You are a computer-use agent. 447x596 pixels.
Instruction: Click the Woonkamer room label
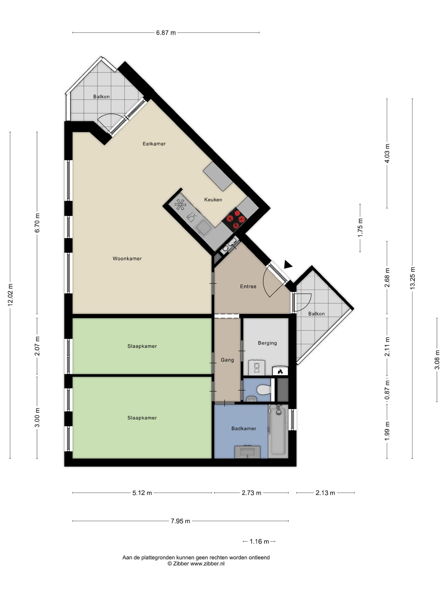pos(127,259)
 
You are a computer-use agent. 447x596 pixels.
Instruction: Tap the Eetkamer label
pos(154,144)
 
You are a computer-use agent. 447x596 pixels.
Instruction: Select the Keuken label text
pos(213,200)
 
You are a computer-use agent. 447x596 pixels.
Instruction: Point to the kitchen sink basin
pos(203,227)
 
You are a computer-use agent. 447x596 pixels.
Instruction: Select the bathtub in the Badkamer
pos(279,431)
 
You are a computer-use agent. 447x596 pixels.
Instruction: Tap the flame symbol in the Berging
pos(280,371)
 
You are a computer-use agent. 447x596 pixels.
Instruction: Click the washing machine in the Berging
pos(257,368)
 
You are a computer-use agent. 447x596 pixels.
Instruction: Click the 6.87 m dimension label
pos(166,33)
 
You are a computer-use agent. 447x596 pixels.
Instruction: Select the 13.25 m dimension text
pos(413,278)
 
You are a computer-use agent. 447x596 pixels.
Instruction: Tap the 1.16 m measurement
pos(259,542)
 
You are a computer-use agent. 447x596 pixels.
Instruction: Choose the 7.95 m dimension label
pos(180,521)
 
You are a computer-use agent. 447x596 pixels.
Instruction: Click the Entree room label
pos(248,287)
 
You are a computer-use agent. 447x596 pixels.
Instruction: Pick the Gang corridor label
pos(227,360)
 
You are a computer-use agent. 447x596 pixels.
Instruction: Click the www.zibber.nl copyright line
pos(196,564)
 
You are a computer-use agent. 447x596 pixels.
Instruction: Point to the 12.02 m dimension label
pos(10,295)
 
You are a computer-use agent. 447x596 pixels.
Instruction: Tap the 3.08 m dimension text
pos(437,360)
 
